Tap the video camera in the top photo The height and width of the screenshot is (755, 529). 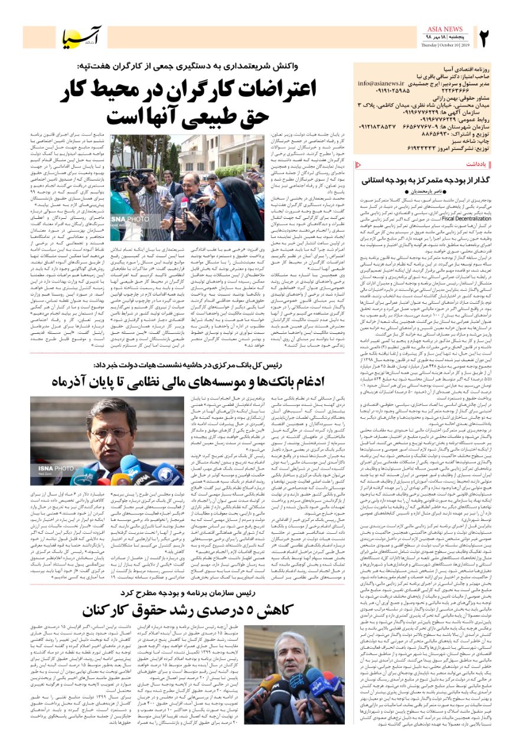(135, 177)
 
